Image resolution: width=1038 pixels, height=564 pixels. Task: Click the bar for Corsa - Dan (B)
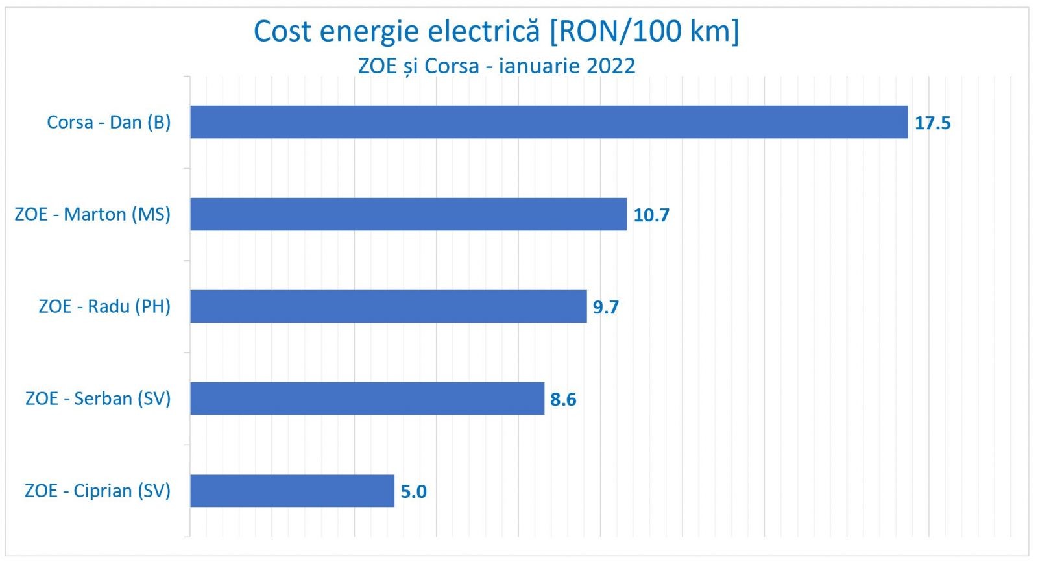[x=549, y=122]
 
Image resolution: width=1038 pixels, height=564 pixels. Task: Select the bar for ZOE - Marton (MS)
[x=409, y=214]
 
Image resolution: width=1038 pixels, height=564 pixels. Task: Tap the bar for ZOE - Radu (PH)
[x=388, y=306]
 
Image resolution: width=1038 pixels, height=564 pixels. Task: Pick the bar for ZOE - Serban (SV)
[x=367, y=398]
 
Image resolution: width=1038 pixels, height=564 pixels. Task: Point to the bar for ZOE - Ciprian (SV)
[x=292, y=491]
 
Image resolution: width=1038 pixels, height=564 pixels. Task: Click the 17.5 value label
[x=932, y=123]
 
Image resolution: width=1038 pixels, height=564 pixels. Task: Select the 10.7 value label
[x=651, y=215]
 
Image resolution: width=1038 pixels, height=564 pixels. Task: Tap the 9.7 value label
[x=605, y=308]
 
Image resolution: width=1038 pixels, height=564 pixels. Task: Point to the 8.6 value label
[x=562, y=400]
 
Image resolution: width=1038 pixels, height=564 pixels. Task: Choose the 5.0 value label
[x=413, y=492]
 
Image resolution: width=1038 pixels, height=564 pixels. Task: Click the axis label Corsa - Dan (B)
[x=108, y=122]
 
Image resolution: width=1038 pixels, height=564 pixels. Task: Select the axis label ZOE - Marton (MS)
[x=92, y=214]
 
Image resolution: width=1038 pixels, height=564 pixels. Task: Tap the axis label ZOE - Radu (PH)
[x=104, y=306]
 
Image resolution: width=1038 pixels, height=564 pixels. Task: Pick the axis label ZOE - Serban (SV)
[x=98, y=398]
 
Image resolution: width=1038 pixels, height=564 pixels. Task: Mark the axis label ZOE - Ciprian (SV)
[x=97, y=491]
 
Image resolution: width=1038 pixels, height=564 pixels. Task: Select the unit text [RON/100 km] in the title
[x=644, y=31]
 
